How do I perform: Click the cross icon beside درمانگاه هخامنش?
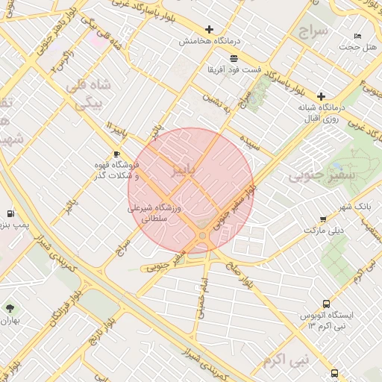[209, 31]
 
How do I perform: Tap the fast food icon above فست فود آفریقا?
[234, 57]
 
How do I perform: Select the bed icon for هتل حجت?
[357, 36]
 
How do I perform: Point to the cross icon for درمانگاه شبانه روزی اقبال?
[321, 96]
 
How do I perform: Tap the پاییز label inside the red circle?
[184, 169]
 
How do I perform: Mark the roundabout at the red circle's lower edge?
[202, 236]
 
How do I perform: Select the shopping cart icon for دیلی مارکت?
[322, 219]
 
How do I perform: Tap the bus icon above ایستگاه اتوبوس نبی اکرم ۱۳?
[334, 372]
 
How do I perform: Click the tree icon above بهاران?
[10, 307]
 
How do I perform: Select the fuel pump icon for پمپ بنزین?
[10, 213]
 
